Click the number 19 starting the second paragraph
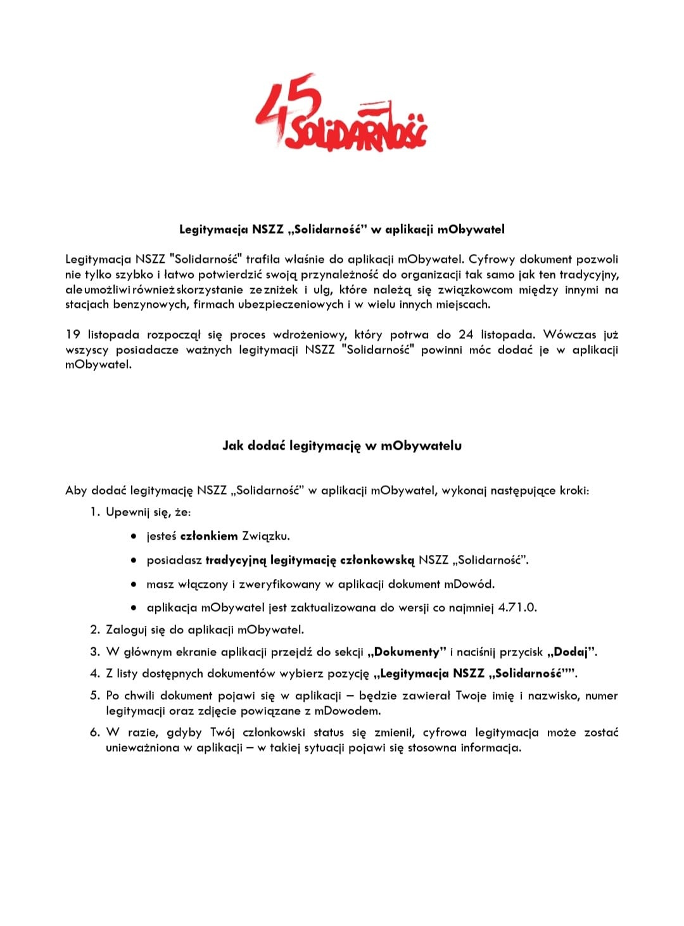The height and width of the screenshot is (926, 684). click(72, 334)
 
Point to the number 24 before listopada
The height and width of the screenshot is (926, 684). click(465, 334)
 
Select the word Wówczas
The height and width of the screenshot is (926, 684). click(569, 334)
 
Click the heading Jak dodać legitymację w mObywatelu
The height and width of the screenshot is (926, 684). click(342, 446)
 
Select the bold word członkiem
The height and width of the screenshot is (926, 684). click(209, 536)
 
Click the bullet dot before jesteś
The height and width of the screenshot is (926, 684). click(134, 536)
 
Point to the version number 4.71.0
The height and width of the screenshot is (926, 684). click(517, 607)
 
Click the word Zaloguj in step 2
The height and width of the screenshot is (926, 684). click(126, 630)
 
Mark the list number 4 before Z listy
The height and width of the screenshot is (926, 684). click(94, 673)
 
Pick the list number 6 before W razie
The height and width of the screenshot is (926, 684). click(94, 733)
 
